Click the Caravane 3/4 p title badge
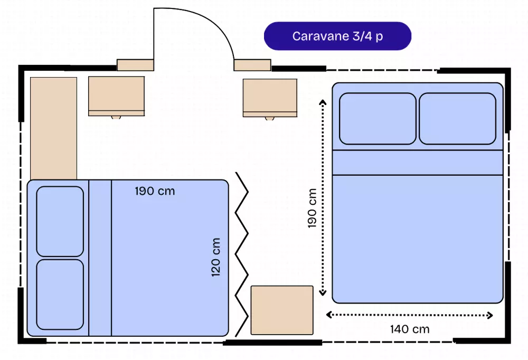coord(337,36)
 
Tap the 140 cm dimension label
coord(410,329)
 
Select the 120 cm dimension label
coord(215,257)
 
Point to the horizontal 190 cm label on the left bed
coord(154,191)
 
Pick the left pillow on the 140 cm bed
coord(378,119)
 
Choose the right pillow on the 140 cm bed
coord(457,119)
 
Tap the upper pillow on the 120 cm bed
coord(60,221)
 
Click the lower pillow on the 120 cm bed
coord(60,294)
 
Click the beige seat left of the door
coord(116,96)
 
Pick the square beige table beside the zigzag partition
coord(282,310)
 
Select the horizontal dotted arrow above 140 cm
coord(410,315)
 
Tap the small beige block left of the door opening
coord(135,65)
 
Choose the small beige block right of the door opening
coord(252,65)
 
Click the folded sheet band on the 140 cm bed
coord(417,162)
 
